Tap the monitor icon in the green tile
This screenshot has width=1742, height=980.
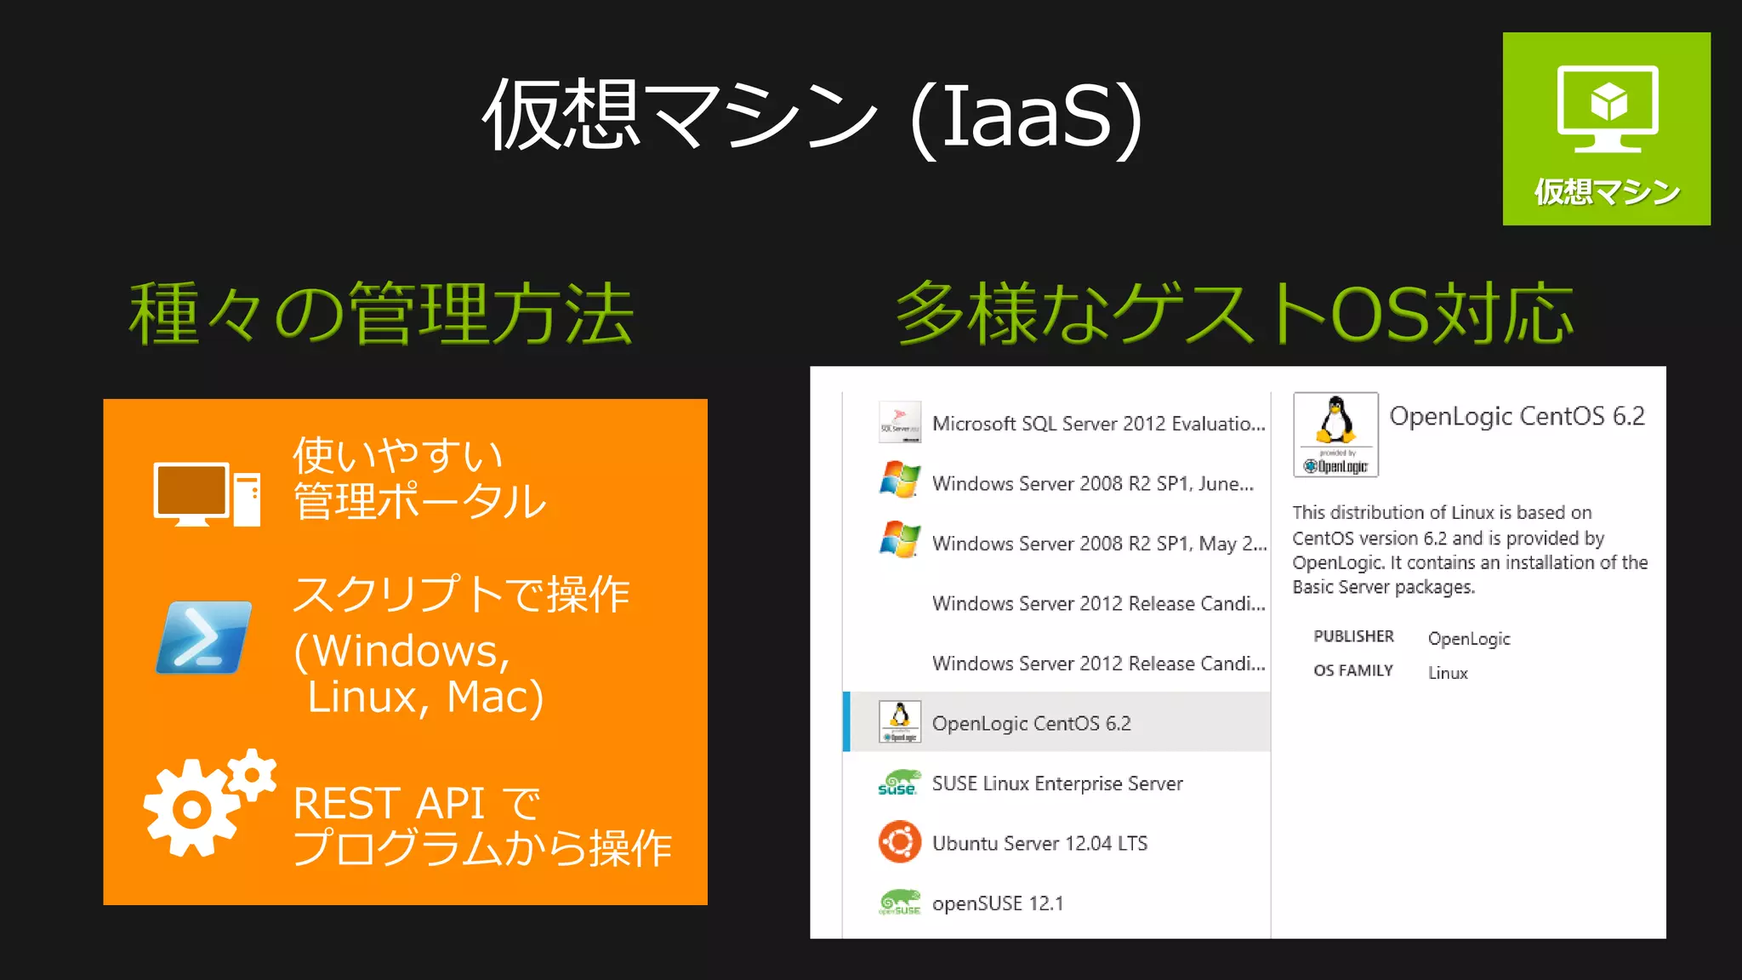pos(1607,108)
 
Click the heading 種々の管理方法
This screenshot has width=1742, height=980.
pos(381,315)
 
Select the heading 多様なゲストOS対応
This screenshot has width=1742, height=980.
pos(1235,315)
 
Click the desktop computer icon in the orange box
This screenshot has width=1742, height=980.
pos(206,494)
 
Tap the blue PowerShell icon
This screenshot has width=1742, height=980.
pos(204,637)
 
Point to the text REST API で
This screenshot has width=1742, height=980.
pos(417,803)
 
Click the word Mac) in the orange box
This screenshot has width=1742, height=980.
pos(495,697)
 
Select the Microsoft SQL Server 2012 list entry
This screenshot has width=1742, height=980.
pos(1097,424)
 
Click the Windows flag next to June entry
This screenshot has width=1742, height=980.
pos(899,480)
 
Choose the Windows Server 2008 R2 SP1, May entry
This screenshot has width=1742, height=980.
pos(1098,544)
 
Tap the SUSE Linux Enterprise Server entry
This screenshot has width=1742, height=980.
pos(1056,783)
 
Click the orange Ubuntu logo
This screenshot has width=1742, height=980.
pos(899,842)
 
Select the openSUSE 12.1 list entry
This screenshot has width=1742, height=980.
pos(997,903)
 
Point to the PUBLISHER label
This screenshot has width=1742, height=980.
pos(1353,636)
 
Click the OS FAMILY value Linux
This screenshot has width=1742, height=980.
pos(1448,673)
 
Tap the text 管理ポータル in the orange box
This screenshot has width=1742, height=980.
pos(419,501)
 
